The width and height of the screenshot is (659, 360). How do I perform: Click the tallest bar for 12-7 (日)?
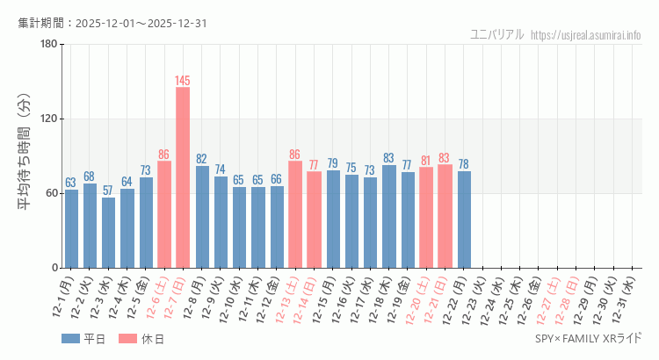183,177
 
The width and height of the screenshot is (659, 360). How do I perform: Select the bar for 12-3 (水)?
108,233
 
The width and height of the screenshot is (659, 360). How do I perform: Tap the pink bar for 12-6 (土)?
164,214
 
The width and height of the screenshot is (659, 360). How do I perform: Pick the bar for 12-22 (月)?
464,220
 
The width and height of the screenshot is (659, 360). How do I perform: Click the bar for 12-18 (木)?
389,216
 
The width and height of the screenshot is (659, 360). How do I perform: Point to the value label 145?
183,81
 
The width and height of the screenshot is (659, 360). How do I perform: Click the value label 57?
108,191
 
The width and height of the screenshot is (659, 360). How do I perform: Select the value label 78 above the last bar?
464,164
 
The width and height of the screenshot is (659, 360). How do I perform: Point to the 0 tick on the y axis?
54,268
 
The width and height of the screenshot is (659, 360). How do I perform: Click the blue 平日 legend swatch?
70,339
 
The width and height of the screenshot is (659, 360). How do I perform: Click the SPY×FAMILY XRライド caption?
589,339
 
